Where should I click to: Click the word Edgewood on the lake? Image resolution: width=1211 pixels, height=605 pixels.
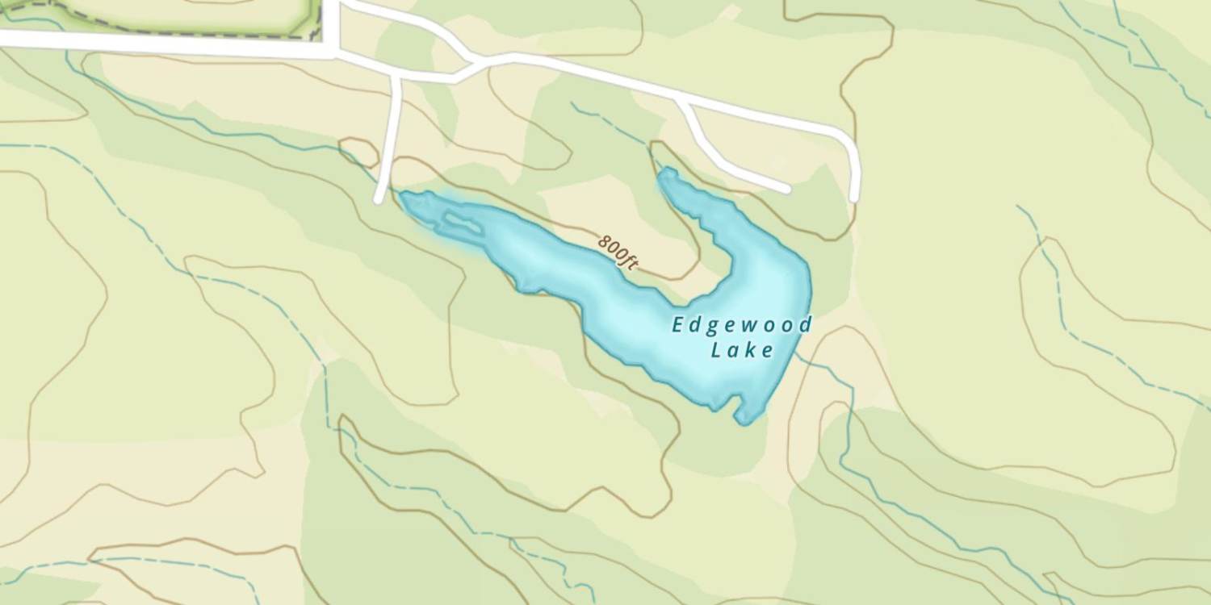[x=742, y=325]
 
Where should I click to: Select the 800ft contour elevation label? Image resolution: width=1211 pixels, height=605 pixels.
[x=618, y=250]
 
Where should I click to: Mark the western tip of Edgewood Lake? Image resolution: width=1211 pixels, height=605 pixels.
[x=403, y=195]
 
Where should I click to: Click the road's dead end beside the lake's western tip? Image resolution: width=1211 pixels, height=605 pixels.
[x=379, y=198]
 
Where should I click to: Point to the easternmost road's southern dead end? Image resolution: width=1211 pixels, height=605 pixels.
[x=854, y=197]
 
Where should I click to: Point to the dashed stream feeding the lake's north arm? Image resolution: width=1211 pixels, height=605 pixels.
[x=614, y=125]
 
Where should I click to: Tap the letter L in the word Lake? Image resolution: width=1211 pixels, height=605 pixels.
[x=716, y=350]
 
